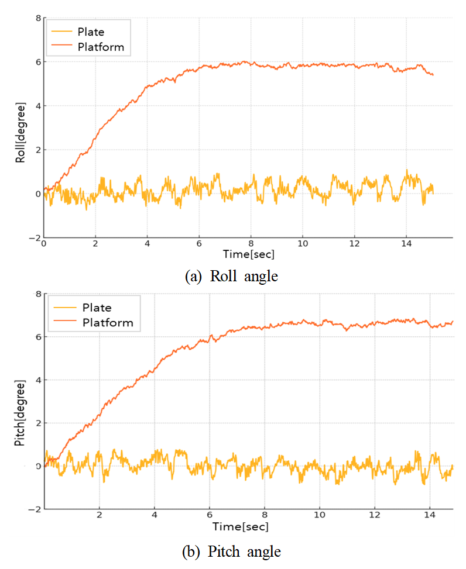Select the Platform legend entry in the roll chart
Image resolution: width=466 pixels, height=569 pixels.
[x=100, y=47]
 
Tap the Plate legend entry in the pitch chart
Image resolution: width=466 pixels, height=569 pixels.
[x=97, y=308]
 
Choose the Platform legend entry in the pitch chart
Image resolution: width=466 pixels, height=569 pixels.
[x=108, y=322]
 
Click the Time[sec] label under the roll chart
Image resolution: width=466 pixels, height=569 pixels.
[x=248, y=254]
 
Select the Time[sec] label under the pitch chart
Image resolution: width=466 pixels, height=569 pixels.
[x=241, y=526]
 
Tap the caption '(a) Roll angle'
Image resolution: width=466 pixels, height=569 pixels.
[x=231, y=276]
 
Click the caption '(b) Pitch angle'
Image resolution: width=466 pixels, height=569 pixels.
[x=232, y=551]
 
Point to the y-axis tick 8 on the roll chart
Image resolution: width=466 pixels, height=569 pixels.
[x=37, y=18]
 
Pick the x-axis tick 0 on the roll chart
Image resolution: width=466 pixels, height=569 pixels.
[x=44, y=243]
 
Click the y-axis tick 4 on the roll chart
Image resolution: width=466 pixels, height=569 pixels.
[x=37, y=106]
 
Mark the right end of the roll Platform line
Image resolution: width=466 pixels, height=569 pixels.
[x=433, y=75]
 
